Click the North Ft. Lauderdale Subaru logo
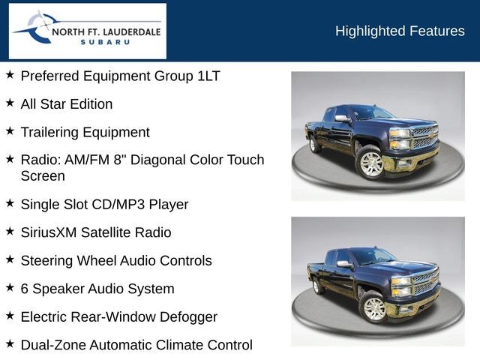pyautogui.click(x=87, y=31)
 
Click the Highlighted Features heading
pyautogui.click(x=400, y=31)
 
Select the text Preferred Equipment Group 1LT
pyautogui.click(x=120, y=76)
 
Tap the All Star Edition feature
pyautogui.click(x=67, y=104)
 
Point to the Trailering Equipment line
pyautogui.click(x=85, y=132)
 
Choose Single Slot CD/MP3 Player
pyautogui.click(x=104, y=204)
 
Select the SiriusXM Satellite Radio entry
pyautogui.click(x=96, y=232)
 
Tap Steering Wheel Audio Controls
pyautogui.click(x=116, y=261)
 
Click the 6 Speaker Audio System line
pyautogui.click(x=97, y=289)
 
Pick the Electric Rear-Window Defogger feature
pyautogui.click(x=118, y=317)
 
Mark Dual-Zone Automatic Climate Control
pyautogui.click(x=136, y=345)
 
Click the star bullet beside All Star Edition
pyautogui.click(x=10, y=103)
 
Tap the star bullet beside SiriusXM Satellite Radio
pyautogui.click(x=10, y=231)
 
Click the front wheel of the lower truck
pyautogui.click(x=373, y=307)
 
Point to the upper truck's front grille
pyautogui.click(x=424, y=137)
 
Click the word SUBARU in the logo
pyautogui.click(x=105, y=43)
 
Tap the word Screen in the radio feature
pyautogui.click(x=43, y=176)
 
